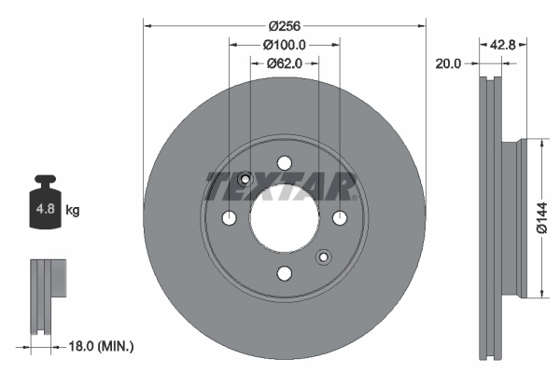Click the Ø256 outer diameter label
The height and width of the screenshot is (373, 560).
[x=284, y=25]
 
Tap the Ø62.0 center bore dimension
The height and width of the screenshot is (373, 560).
[x=285, y=63]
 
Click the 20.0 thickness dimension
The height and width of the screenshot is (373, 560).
[x=449, y=63]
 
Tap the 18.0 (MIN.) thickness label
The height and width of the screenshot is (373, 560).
[x=102, y=346]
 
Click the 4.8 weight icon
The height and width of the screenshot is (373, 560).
[x=44, y=207]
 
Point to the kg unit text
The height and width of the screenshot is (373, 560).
[x=73, y=211]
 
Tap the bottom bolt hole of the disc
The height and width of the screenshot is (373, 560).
[x=284, y=272]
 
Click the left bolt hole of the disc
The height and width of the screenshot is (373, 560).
[x=230, y=218]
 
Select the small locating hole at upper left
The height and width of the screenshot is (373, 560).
[x=245, y=180]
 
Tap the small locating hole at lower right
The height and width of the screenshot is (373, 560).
[x=323, y=256]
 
